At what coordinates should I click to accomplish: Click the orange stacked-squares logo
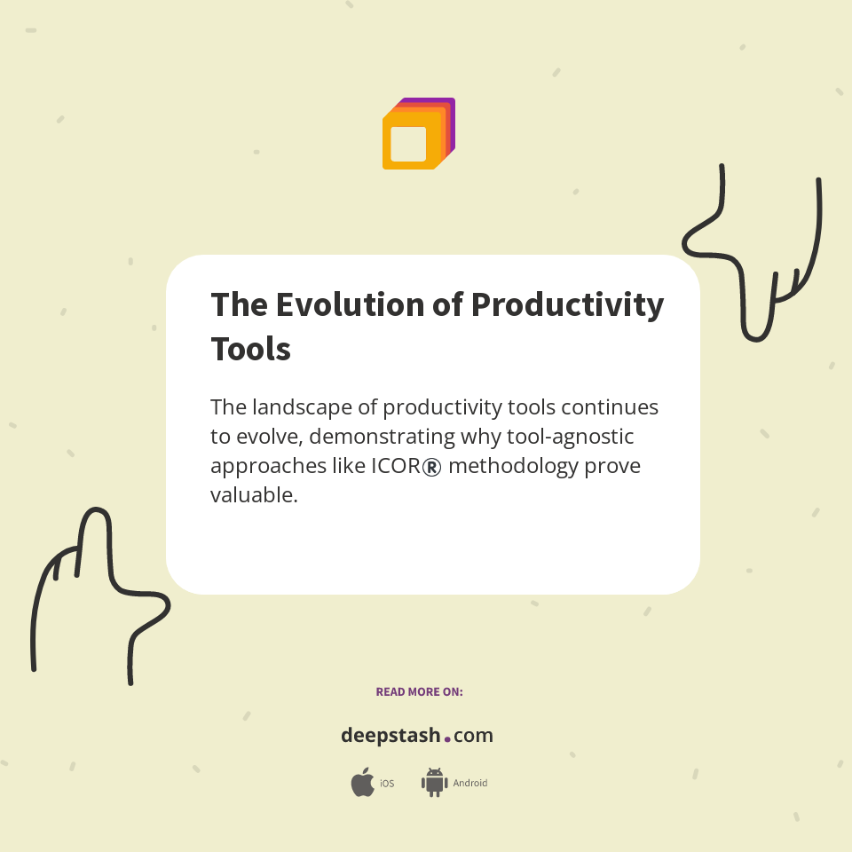[x=418, y=134]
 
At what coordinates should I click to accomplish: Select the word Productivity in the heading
[x=567, y=304]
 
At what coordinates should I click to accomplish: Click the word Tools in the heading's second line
[x=250, y=349]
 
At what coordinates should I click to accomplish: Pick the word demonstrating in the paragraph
[x=383, y=437]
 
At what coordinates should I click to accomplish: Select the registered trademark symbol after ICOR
[x=432, y=467]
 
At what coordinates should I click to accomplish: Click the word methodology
[x=513, y=466]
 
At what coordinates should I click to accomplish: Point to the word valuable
[x=253, y=495]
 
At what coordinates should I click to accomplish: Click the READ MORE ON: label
[x=419, y=691]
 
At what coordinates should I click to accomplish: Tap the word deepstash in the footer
[x=390, y=736]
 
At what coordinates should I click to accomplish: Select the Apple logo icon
[x=362, y=783]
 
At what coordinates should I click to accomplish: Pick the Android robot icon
[x=434, y=783]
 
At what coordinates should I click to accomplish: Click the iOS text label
[x=387, y=784]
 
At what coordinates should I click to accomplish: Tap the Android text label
[x=470, y=784]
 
